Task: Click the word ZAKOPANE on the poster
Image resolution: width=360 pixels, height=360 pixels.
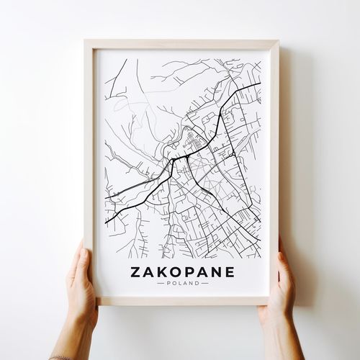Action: point(183,271)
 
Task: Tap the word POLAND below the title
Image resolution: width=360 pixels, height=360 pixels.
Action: point(183,283)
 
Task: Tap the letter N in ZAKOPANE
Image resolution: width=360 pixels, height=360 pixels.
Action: point(217,271)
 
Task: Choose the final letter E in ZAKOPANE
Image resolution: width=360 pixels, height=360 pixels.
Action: point(230,271)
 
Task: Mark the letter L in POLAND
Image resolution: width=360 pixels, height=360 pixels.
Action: point(180,283)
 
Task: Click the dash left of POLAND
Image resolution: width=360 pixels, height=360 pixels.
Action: point(161,283)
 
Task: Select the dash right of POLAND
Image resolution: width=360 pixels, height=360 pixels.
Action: point(205,283)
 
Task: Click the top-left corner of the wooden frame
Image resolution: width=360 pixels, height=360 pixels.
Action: point(85,40)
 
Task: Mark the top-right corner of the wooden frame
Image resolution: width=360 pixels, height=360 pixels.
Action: point(278,40)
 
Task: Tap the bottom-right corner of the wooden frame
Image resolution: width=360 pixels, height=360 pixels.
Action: point(269,304)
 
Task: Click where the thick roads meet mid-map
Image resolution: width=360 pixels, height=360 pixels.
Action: point(173,159)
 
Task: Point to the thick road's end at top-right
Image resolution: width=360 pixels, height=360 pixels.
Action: point(259,84)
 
